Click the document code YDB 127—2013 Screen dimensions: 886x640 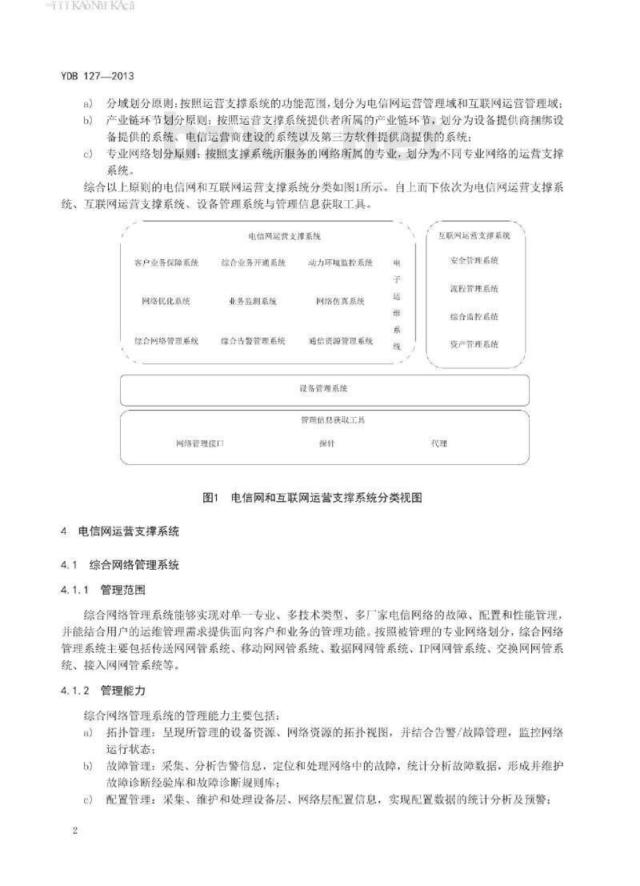[x=97, y=77]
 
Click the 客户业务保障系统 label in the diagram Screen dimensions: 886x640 [x=166, y=263]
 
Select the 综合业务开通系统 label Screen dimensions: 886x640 [x=253, y=263]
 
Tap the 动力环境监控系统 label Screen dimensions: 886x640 [x=340, y=263]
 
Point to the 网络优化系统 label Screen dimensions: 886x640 [x=166, y=302]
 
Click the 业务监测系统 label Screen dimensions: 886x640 [x=253, y=302]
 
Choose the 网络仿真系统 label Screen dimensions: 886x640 [x=340, y=302]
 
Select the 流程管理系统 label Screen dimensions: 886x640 [x=474, y=289]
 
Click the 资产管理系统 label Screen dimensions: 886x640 [x=474, y=345]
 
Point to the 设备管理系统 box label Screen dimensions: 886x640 [x=323, y=389]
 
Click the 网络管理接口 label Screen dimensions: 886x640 [x=199, y=443]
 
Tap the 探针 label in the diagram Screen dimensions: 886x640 [x=326, y=443]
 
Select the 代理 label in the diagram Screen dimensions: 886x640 [x=439, y=443]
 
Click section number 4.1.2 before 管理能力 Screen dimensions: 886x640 [x=76, y=689]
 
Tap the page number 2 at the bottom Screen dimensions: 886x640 [x=75, y=832]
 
